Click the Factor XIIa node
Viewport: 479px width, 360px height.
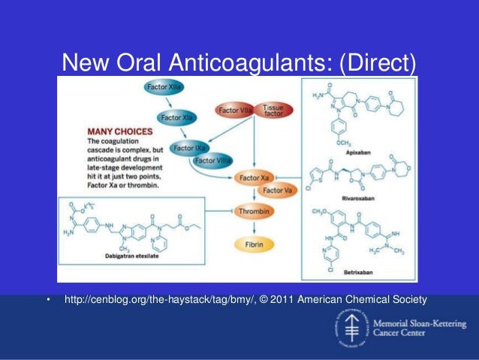tap(163, 89)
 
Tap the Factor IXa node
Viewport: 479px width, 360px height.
tap(190, 147)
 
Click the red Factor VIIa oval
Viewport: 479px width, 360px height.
tap(236, 110)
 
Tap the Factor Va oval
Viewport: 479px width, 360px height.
tap(278, 191)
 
